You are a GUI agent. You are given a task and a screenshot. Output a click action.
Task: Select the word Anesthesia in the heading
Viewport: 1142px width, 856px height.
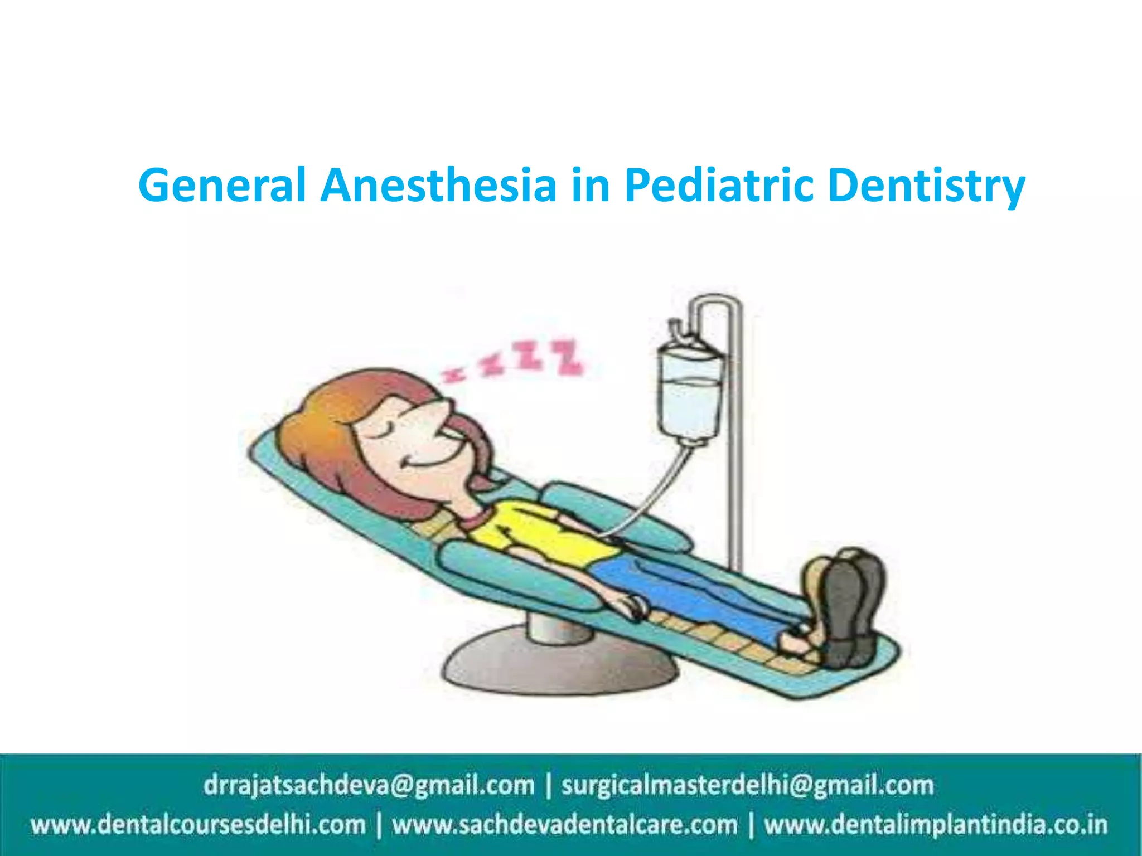click(439, 185)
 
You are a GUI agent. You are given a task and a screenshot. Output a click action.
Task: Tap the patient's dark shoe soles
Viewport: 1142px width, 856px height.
click(850, 607)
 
